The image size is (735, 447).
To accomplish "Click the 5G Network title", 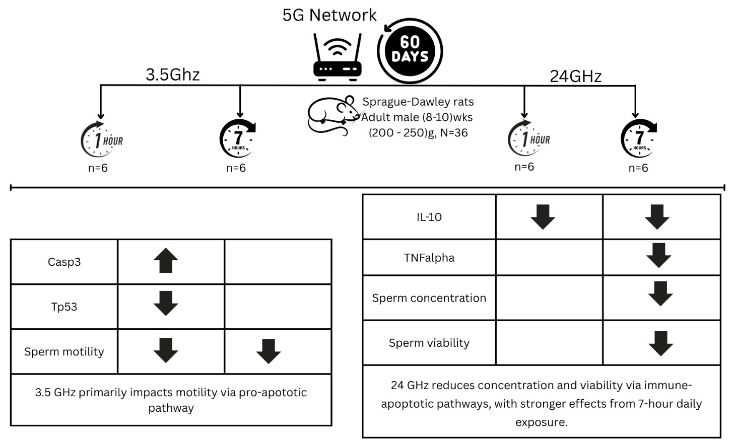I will (329, 15).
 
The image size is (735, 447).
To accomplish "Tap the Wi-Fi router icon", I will (338, 56).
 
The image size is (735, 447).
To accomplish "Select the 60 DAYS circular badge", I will (410, 50).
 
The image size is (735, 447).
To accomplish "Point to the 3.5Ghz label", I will (173, 74).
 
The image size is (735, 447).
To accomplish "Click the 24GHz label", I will (575, 76).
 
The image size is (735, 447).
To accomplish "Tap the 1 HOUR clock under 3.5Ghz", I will (102, 139).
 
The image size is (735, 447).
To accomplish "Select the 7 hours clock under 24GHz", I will (639, 138).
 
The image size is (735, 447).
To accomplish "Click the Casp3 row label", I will (64, 262).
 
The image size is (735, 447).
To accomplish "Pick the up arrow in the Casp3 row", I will (166, 261).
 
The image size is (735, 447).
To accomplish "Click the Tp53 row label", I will (64, 307).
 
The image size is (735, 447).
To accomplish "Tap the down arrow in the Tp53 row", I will (166, 303).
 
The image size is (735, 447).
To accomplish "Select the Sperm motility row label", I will (64, 351).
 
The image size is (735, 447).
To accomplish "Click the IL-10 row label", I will (429, 217).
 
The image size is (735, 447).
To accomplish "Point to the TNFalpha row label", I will (429, 258).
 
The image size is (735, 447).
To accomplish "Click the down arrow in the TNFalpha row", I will (659, 255).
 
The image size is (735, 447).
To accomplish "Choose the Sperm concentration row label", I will (429, 298).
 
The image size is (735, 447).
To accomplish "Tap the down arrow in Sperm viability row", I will (661, 343).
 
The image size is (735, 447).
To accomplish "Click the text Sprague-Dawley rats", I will (418, 102).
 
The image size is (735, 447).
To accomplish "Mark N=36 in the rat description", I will (454, 133).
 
